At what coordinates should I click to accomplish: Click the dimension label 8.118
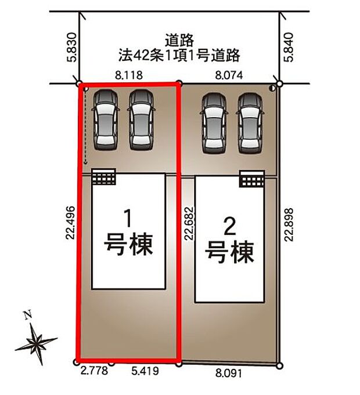[x=128, y=74]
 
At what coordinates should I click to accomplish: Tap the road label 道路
[x=178, y=41]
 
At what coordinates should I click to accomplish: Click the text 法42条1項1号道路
[x=178, y=56]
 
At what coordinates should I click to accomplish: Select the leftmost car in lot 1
[x=106, y=120]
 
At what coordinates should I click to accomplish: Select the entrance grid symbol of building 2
[x=252, y=179]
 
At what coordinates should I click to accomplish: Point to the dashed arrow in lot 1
[x=85, y=128]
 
